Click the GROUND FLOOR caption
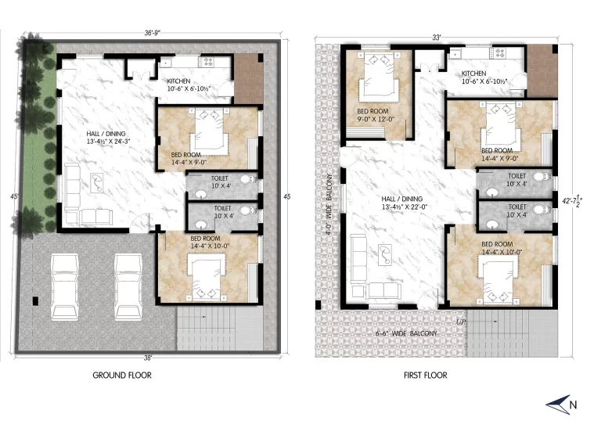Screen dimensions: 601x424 [x=122, y=375]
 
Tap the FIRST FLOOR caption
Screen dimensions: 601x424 [x=426, y=375]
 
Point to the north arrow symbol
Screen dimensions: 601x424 [x=559, y=404]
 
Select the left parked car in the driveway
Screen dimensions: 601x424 [x=65, y=287]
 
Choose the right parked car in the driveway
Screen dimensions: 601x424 [x=128, y=287]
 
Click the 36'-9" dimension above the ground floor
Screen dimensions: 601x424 [x=152, y=33]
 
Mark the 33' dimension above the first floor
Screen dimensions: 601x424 [x=437, y=38]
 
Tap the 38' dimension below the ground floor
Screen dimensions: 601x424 [x=148, y=358]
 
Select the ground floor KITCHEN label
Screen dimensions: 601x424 [x=178, y=81]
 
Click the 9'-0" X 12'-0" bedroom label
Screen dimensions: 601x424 [x=376, y=119]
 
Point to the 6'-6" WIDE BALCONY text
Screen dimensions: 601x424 [x=406, y=333]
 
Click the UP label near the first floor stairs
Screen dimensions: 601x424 [x=461, y=322]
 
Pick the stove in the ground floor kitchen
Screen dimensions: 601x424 [x=208, y=62]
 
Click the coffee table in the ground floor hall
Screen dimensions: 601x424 [x=97, y=183]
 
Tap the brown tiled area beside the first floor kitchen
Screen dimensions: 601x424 [x=542, y=71]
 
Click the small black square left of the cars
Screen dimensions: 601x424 [x=35, y=301]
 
